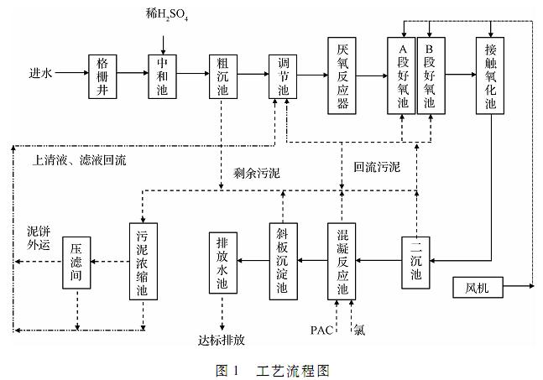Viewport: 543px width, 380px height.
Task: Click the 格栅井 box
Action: point(101,75)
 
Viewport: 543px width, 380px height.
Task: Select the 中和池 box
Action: point(161,75)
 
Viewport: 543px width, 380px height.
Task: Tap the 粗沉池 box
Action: point(222,75)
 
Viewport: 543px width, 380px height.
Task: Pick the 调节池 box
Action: point(282,75)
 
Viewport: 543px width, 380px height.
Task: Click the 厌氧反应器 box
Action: point(342,75)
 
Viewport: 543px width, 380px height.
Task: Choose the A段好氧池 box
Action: point(401,75)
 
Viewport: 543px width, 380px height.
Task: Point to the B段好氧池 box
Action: point(431,75)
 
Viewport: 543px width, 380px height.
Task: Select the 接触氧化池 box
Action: point(491,75)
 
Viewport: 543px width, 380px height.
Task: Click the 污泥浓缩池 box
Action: point(143,260)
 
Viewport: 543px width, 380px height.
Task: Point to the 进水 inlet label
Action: point(40,75)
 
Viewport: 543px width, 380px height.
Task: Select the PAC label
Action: point(322,330)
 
